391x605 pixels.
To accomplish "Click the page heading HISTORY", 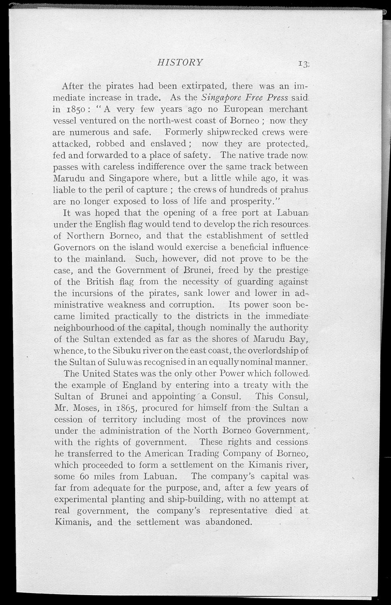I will click(180, 63).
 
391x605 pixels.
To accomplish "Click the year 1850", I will click(78, 110).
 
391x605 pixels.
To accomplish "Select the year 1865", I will click(128, 408).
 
